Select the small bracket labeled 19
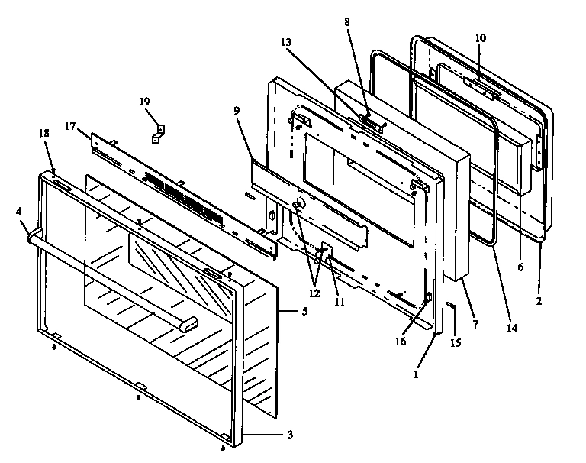159,133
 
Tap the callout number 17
70,126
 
